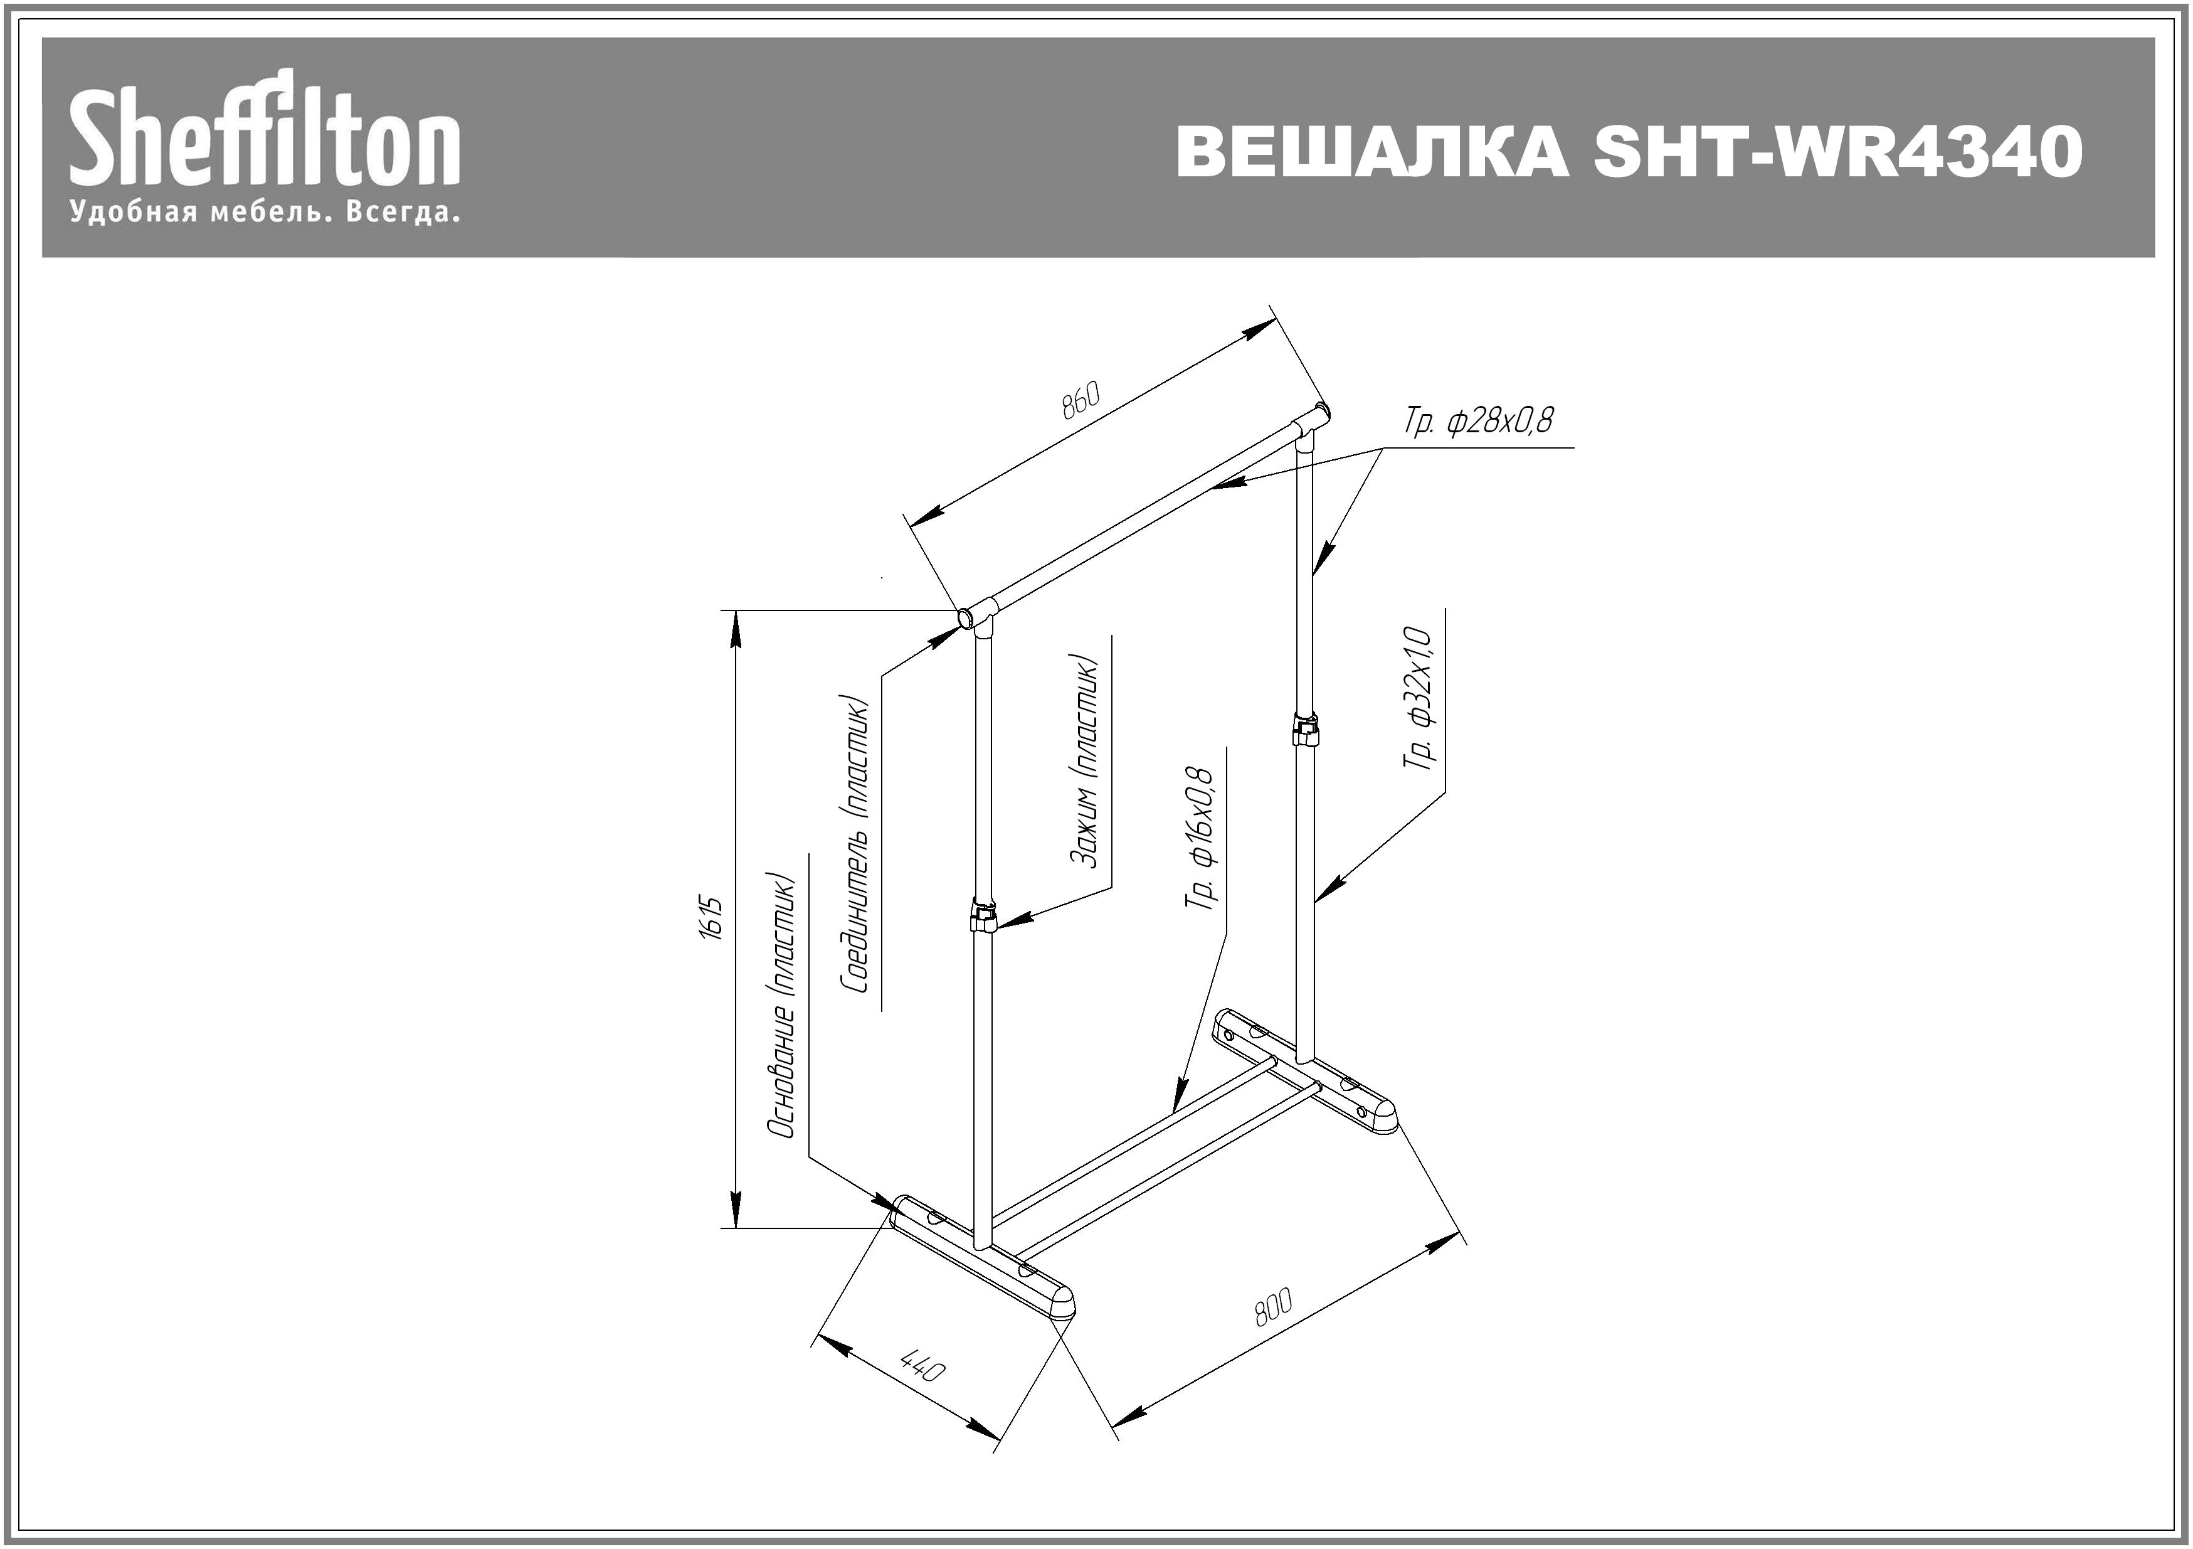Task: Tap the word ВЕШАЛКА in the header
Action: coord(1373,152)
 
